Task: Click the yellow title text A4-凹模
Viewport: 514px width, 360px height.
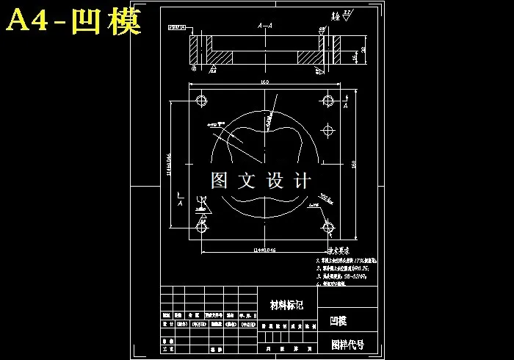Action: tap(73, 21)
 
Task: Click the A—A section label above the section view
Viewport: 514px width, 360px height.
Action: tap(266, 26)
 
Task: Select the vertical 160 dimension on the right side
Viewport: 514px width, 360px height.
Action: tap(355, 165)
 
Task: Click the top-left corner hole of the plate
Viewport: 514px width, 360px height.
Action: tap(200, 100)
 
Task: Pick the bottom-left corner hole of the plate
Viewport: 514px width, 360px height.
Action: tap(200, 225)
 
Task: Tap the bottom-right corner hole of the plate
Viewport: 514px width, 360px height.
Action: tap(328, 226)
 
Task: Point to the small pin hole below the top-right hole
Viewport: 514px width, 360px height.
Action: tap(328, 129)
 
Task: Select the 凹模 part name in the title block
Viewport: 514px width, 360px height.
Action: tap(339, 320)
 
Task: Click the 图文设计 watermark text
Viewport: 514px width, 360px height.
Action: tap(261, 180)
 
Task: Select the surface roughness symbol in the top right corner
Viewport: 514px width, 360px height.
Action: tap(344, 15)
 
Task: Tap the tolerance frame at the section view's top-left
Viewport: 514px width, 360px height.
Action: tap(176, 27)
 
